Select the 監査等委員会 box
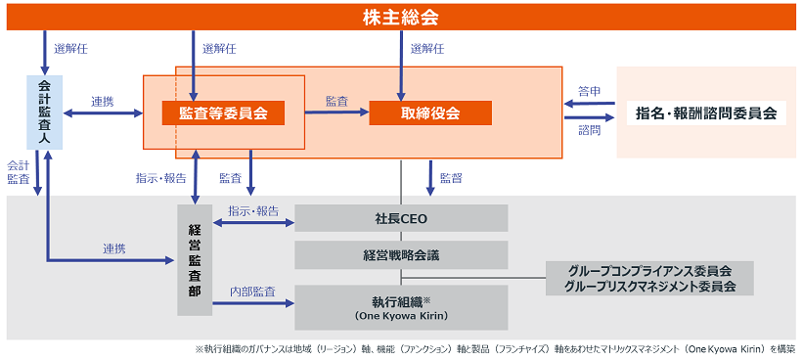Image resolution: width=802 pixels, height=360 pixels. click(x=223, y=113)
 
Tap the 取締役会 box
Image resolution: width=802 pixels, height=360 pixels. click(x=429, y=113)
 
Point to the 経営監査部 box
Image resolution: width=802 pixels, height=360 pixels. click(x=194, y=259)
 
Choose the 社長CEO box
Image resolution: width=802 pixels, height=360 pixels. click(x=402, y=218)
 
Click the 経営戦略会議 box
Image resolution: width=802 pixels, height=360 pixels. click(x=402, y=254)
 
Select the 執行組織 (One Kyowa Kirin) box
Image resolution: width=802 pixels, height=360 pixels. click(x=402, y=306)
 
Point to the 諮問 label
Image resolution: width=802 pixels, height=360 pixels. click(x=589, y=130)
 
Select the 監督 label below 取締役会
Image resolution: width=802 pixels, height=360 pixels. click(x=451, y=177)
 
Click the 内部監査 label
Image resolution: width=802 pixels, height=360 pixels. click(x=251, y=292)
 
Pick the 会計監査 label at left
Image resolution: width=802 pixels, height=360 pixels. click(x=18, y=172)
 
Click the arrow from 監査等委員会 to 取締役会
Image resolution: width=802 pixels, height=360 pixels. click(x=335, y=112)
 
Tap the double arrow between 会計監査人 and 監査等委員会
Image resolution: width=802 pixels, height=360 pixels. click(x=103, y=114)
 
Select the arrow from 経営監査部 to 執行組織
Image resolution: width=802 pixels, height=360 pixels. click(x=252, y=304)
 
